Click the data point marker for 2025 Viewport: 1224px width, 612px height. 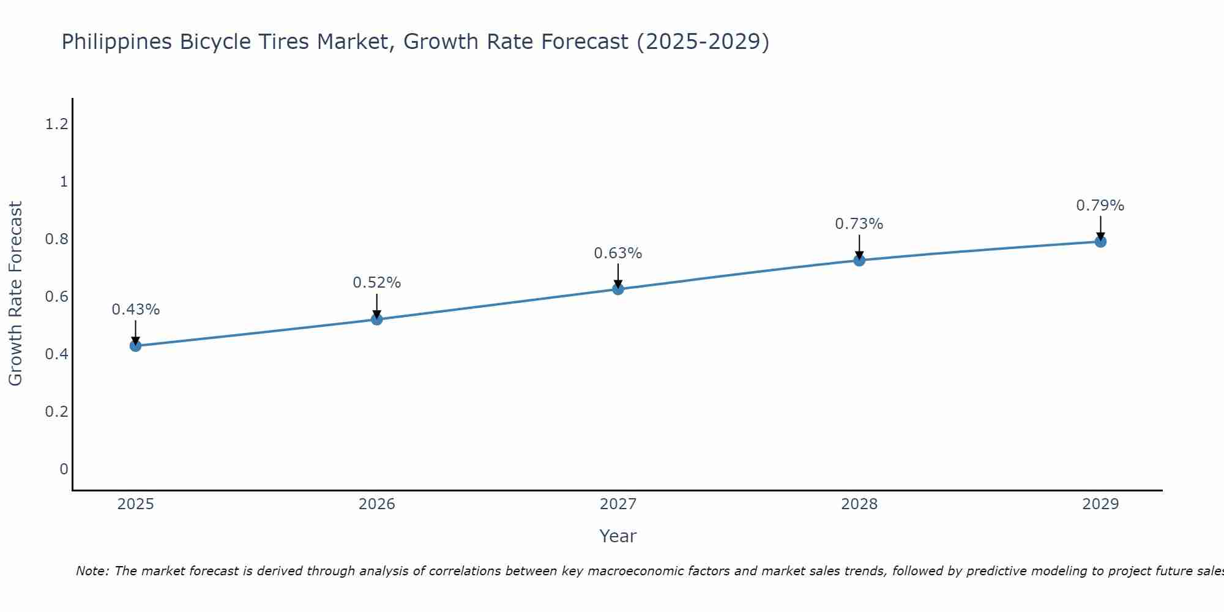point(135,346)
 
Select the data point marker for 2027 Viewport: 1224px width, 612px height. point(618,289)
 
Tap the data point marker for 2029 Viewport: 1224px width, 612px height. point(1100,241)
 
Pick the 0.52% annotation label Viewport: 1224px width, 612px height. point(376,283)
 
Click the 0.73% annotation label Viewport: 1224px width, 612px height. point(859,224)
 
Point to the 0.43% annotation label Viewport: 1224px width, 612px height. point(135,310)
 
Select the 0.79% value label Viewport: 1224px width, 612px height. point(1100,206)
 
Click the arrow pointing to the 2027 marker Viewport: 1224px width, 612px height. point(618,275)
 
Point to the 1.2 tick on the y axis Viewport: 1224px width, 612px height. point(56,124)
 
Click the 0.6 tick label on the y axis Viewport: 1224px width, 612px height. point(56,297)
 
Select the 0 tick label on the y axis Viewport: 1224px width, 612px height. point(64,469)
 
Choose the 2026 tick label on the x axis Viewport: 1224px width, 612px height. point(376,504)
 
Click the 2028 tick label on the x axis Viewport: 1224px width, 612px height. point(859,504)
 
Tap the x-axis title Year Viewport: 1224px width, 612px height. point(618,536)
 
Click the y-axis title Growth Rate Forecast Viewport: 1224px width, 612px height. point(15,294)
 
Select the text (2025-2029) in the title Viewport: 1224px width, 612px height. point(703,42)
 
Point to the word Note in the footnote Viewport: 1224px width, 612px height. point(92,571)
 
